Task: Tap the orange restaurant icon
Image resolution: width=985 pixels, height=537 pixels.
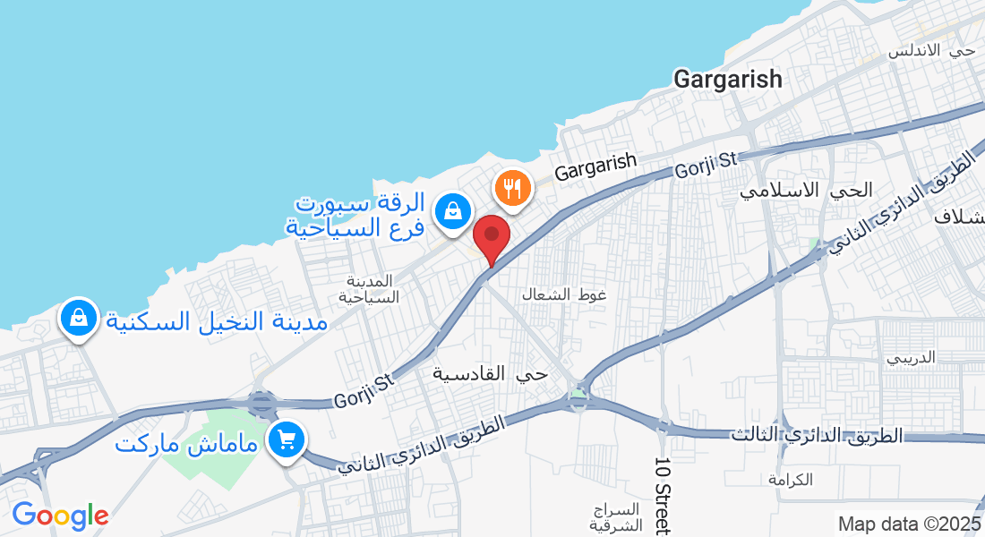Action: (513, 188)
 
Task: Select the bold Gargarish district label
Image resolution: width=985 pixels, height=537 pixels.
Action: (727, 79)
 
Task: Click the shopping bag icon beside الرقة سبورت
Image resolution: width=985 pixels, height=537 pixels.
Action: (454, 212)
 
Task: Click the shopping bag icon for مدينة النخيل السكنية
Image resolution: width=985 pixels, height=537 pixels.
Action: (79, 318)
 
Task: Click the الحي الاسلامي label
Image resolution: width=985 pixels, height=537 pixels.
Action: (807, 190)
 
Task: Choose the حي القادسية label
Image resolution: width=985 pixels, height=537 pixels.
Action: (490, 373)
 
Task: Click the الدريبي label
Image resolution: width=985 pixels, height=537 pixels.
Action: (911, 357)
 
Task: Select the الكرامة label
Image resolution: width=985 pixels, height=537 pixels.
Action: (790, 480)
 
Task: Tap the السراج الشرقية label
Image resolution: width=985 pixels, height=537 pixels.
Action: (618, 517)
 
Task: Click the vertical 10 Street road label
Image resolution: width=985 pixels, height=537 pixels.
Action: (662, 496)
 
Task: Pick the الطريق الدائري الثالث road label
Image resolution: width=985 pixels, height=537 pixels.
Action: (817, 436)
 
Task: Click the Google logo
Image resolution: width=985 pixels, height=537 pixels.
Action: (60, 516)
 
